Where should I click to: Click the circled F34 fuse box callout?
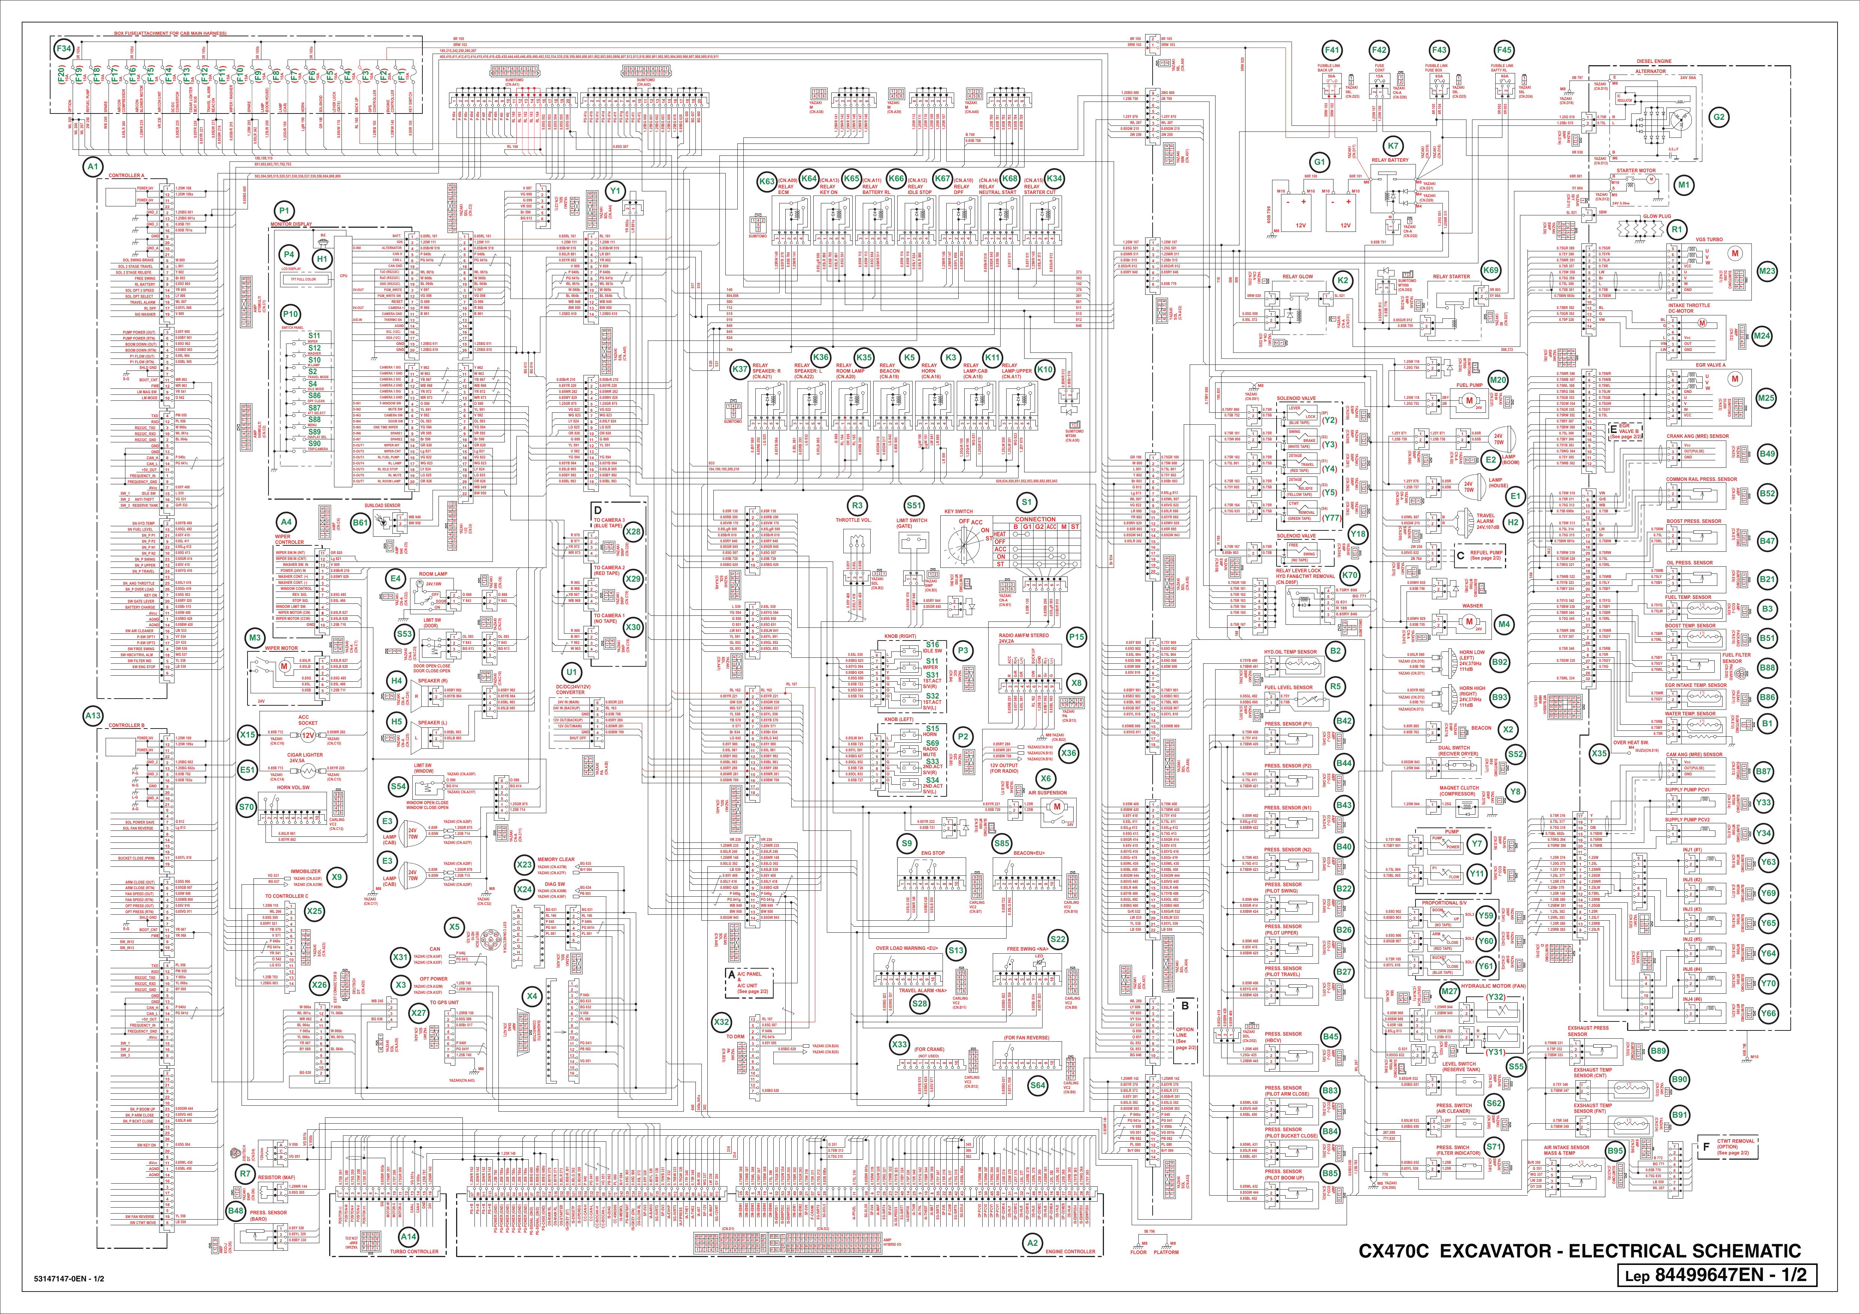pos(63,49)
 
